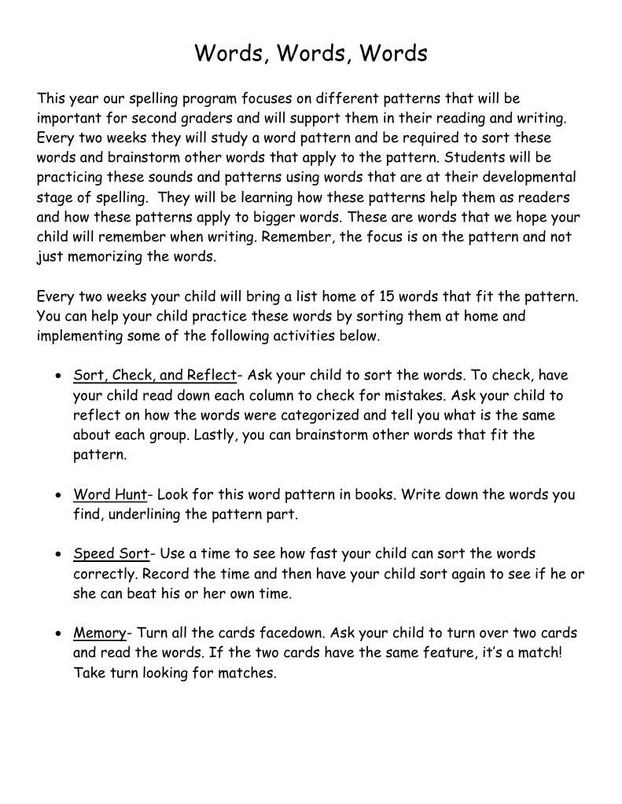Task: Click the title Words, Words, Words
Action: coord(311,53)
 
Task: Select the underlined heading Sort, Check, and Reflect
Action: coord(154,375)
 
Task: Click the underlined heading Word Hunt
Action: coord(110,494)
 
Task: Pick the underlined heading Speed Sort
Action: coord(111,554)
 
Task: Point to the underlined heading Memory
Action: coord(100,633)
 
